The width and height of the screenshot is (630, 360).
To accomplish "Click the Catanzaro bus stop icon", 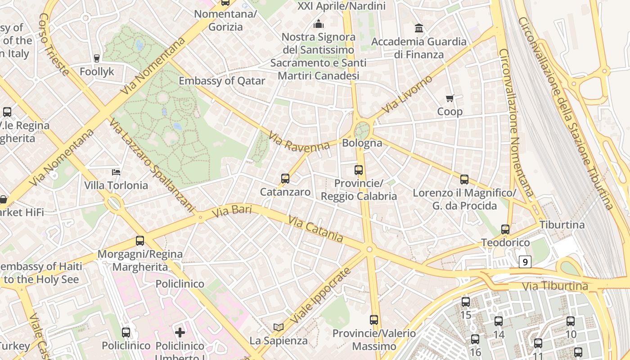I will coord(285,179).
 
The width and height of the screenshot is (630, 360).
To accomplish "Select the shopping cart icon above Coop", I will coord(449,98).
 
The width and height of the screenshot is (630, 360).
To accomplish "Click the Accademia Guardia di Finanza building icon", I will coord(419,28).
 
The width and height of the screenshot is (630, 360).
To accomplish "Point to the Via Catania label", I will coord(315,229).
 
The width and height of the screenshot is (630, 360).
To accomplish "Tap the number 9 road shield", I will coord(525,261).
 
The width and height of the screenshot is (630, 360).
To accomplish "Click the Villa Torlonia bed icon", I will coord(116,172).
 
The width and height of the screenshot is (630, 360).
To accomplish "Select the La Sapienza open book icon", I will coord(279,327).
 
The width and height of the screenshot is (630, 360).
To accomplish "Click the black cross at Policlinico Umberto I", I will coord(180,333).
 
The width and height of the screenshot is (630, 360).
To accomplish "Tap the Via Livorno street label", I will coord(407,95).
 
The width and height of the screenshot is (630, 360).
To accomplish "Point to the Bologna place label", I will coord(362,143).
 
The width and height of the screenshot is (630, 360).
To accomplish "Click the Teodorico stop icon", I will coord(505,229).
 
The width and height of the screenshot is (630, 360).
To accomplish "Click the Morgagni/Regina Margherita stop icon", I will coord(140,241).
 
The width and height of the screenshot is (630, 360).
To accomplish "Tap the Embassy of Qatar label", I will coord(222,81).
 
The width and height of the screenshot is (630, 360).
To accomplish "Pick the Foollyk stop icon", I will coord(96,58).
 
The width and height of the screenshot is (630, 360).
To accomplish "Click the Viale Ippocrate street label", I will coord(320,296).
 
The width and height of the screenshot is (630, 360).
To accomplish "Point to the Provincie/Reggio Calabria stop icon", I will coord(359,170).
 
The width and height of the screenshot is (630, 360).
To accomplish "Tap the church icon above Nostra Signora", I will coord(319,24).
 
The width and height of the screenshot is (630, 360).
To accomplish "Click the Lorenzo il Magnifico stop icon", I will coord(464,180).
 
